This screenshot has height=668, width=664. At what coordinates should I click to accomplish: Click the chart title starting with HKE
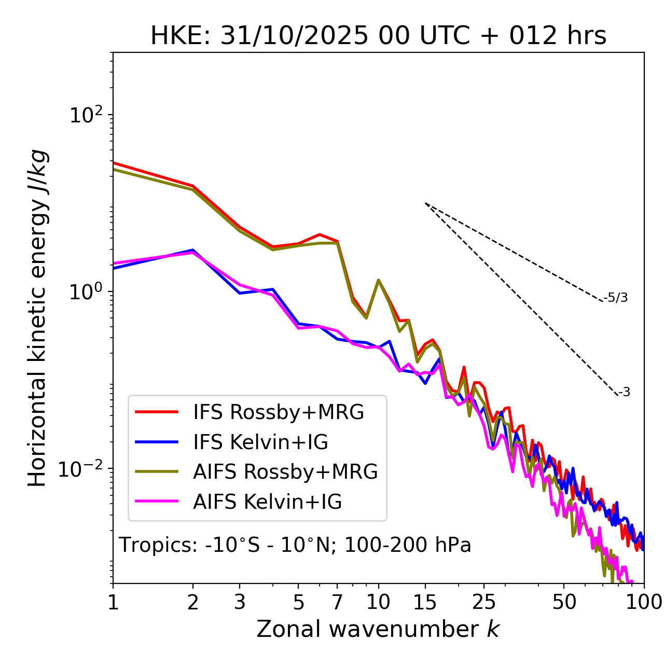tap(378, 36)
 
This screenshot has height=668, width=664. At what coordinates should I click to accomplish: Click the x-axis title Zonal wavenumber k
tap(378, 629)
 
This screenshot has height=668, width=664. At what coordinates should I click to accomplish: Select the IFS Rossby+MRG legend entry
tap(278, 412)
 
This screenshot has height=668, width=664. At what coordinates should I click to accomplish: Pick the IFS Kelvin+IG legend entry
tap(260, 442)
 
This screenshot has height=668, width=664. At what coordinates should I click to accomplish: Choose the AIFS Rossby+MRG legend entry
tap(285, 472)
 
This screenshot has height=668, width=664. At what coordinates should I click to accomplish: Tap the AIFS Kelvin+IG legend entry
tap(267, 502)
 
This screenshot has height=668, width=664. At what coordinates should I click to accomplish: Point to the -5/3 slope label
tap(616, 298)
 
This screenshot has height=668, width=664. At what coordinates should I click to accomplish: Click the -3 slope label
tap(624, 393)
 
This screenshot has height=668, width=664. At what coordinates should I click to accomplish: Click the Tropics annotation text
tap(295, 545)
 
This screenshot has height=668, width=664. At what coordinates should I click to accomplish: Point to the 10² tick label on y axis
tap(85, 115)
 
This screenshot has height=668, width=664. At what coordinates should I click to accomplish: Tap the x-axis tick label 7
tap(337, 602)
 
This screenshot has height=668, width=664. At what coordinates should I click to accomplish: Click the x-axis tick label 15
tap(425, 602)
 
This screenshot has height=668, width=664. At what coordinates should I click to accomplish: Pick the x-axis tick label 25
tap(483, 602)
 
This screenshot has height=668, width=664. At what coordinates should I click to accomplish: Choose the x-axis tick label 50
tap(564, 602)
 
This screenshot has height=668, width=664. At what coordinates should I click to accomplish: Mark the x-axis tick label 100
tap(643, 602)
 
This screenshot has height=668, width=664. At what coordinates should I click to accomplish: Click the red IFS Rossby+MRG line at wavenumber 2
tap(193, 186)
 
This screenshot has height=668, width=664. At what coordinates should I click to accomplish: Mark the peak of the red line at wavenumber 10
tap(379, 280)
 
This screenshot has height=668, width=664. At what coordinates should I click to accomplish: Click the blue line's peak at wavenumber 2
tap(193, 250)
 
